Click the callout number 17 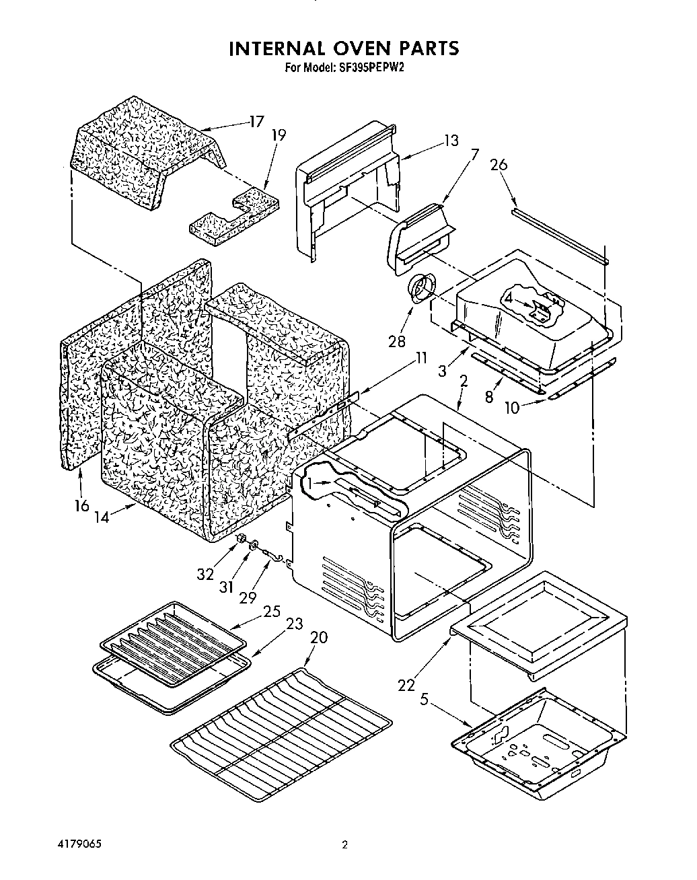click(256, 122)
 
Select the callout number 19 click(279, 135)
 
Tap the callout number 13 click(450, 140)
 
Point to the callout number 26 click(499, 165)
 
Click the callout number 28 click(397, 340)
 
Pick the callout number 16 click(81, 505)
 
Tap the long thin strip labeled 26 click(558, 235)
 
